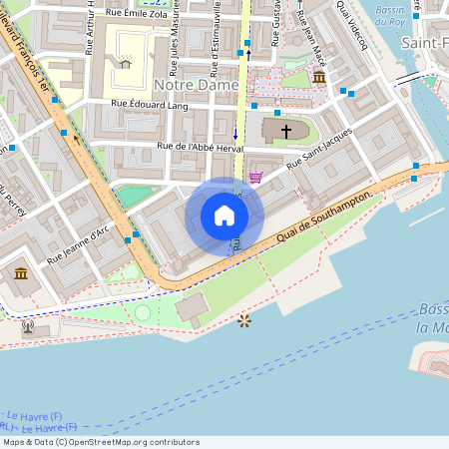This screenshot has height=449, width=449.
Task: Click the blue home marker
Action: point(224,216)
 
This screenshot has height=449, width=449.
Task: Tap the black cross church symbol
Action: point(286,131)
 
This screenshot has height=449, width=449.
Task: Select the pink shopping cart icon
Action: point(256,178)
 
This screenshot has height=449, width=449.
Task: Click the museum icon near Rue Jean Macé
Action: point(319,77)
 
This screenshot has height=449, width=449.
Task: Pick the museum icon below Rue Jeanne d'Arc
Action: point(21,274)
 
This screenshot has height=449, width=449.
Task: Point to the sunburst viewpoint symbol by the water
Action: point(243,320)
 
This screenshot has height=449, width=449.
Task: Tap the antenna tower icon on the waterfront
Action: point(27,326)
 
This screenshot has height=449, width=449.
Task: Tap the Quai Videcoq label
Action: point(352,25)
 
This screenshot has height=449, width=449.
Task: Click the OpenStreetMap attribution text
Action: point(101,442)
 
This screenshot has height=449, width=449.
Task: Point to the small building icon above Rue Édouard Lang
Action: point(125,63)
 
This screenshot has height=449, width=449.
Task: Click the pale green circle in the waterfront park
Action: point(143,312)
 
